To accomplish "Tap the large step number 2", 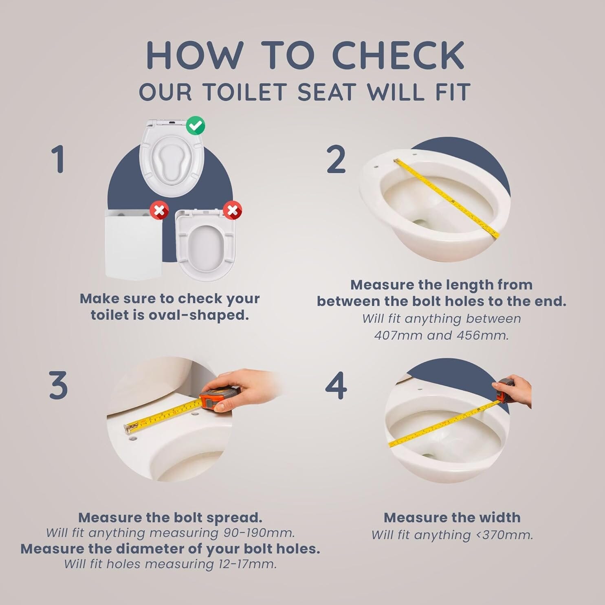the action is (336, 160).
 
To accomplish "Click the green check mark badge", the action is (196, 125).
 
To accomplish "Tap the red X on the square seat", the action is (159, 211).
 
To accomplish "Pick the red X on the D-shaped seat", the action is (232, 211).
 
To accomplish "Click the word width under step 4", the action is (500, 517).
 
